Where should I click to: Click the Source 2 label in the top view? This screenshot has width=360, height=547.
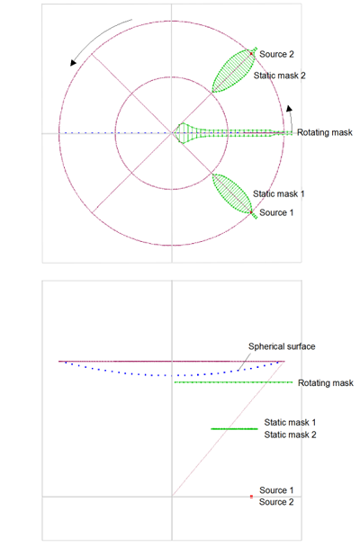coord(276,54)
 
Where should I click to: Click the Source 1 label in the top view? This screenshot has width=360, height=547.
coord(276,212)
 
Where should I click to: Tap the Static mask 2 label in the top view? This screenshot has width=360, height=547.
coord(279,76)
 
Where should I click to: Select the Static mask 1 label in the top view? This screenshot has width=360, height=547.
coord(279,194)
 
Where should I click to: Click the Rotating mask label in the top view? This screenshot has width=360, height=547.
coord(325,132)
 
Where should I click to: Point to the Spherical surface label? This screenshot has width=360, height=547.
coord(282,346)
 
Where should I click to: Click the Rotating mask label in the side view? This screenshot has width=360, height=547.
coord(326,383)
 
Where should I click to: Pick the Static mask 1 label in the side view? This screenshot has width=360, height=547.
coord(290,423)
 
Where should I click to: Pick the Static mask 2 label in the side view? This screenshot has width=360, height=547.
coord(290,435)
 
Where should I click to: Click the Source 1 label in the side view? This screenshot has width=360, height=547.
coord(276,490)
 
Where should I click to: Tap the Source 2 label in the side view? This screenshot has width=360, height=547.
coord(276,502)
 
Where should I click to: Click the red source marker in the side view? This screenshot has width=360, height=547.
coord(251,497)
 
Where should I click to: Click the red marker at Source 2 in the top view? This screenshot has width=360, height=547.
coord(251,54)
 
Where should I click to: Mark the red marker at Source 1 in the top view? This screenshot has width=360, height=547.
coord(251,212)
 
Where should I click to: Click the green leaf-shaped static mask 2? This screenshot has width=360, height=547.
coord(233,71)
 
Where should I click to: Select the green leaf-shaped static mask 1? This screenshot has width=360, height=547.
coord(232,193)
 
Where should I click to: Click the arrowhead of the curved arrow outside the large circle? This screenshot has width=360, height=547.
coord(73,62)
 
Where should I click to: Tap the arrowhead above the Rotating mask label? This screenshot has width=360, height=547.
coord(289,108)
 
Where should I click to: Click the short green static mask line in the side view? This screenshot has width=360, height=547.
coord(234,428)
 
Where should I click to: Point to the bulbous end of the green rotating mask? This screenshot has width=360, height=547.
coord(183,133)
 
